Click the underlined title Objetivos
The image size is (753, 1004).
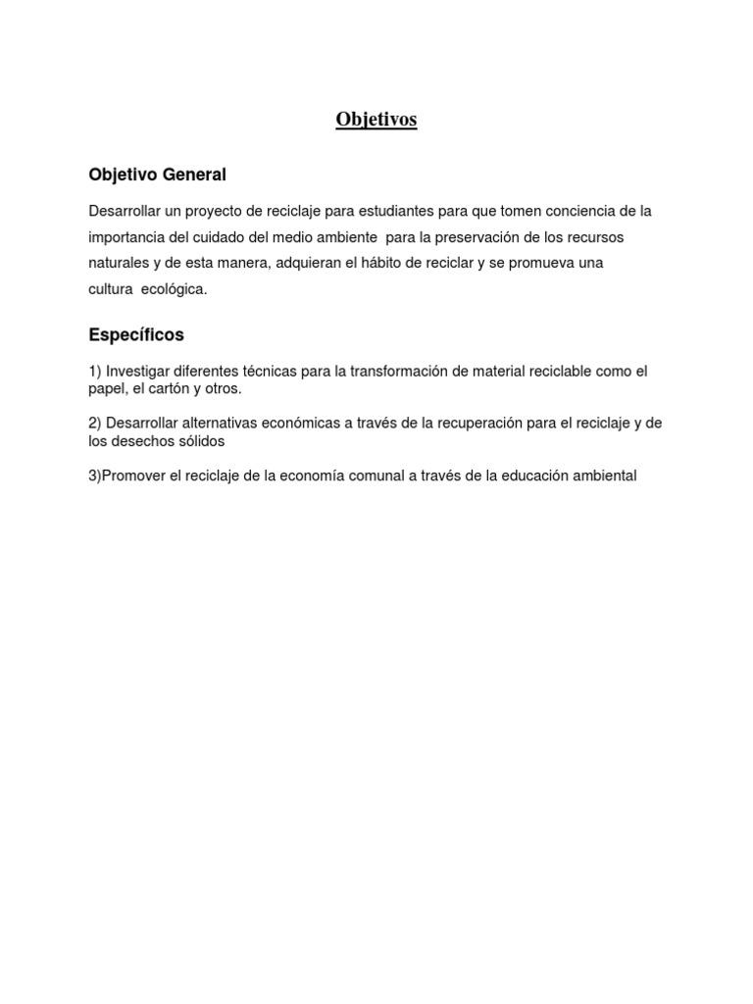pos(376,120)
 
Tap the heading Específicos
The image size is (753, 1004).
pos(136,335)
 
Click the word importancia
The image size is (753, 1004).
pos(126,238)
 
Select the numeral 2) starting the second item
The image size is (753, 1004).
pos(95,424)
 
